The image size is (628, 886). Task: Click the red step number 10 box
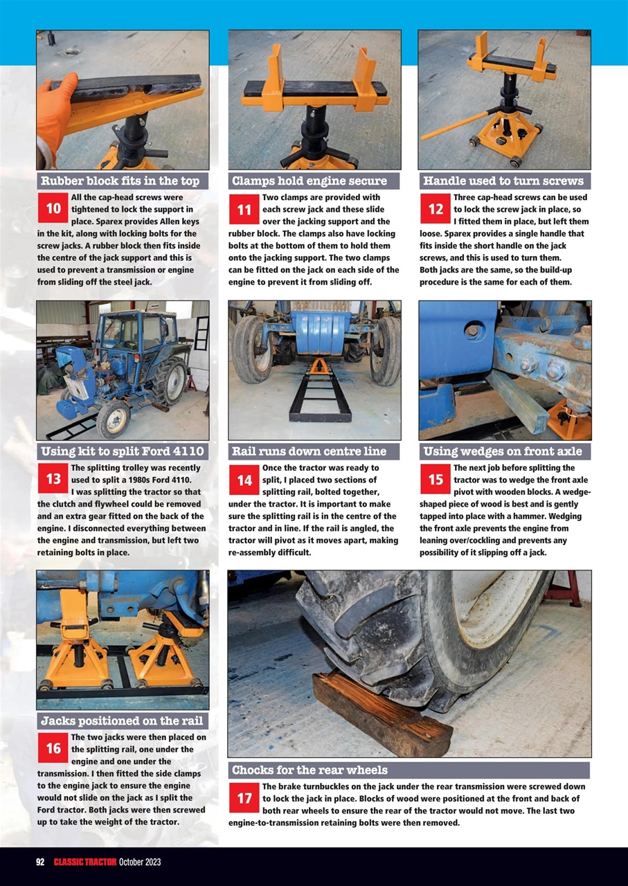[x=53, y=208]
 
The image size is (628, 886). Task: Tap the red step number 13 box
[x=53, y=479]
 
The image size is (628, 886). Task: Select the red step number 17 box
[x=244, y=798]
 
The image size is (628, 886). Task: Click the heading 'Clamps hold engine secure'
[x=309, y=181]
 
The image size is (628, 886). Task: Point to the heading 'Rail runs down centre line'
[x=309, y=452]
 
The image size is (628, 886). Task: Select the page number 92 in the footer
[x=40, y=862]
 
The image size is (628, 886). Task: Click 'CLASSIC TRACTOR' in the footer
[x=84, y=862]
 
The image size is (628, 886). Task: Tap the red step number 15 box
[x=436, y=479]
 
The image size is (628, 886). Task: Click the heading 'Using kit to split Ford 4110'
[x=121, y=452]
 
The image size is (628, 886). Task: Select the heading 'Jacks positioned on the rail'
[x=121, y=721]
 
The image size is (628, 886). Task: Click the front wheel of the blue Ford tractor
[x=113, y=419]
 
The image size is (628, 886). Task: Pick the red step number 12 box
[x=436, y=208]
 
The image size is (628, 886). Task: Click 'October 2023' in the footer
[x=140, y=862]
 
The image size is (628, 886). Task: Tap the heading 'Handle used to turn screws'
[x=503, y=181]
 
